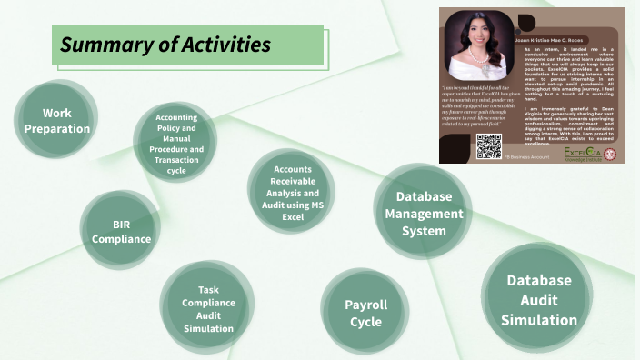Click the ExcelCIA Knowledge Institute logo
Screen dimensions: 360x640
pos(585,152)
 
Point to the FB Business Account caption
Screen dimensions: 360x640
pos(526,157)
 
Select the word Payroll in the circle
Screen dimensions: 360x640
pos(365,305)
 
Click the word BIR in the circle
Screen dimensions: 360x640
pos(121,223)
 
